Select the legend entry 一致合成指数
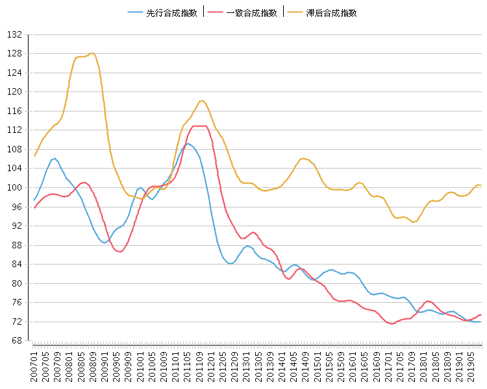click(x=244, y=12)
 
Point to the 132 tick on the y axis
click(x=16, y=34)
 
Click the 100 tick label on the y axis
click(x=16, y=188)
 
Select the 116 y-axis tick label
click(x=16, y=112)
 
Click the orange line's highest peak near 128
click(x=94, y=53)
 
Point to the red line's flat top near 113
click(x=200, y=126)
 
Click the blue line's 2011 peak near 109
click(x=188, y=143)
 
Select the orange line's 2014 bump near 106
click(x=303, y=158)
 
